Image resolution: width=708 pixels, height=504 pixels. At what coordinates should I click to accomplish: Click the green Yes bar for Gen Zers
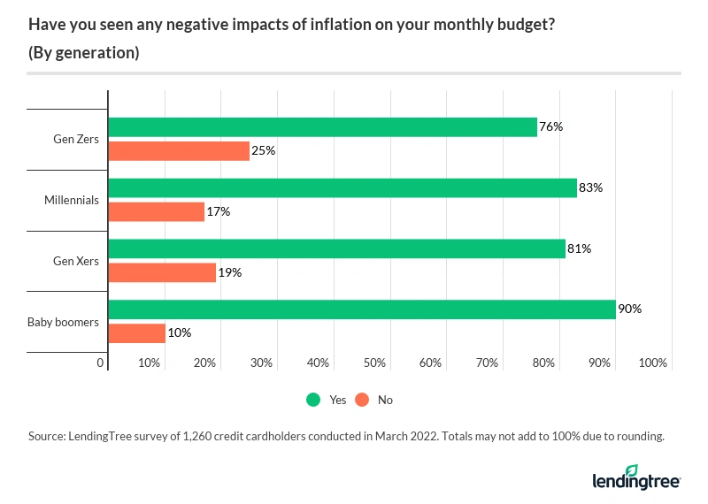[x=322, y=126]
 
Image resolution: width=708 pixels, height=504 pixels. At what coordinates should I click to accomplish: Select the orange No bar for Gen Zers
[x=179, y=151]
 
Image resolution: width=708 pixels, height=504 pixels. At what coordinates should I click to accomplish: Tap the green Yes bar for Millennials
[x=342, y=187]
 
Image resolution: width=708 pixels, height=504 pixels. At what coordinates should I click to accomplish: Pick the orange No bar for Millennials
[x=156, y=212]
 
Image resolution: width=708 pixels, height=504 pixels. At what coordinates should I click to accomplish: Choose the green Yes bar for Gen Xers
[x=336, y=248]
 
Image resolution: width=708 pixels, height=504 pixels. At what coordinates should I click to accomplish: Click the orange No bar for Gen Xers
[x=162, y=273]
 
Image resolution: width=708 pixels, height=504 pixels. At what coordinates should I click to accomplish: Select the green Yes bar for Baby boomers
[x=362, y=309]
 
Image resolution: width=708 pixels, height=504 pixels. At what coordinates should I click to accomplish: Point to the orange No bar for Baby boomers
[x=136, y=333]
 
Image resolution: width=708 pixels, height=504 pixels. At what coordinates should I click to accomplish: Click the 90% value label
[x=630, y=309]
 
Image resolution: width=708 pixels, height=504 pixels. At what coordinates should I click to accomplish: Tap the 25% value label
[x=264, y=151]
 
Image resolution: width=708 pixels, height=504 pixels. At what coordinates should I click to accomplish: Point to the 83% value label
[x=591, y=187]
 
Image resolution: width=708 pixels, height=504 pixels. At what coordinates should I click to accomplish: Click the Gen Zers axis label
[x=77, y=139]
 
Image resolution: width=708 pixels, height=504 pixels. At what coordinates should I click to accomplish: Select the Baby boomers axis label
[x=64, y=322]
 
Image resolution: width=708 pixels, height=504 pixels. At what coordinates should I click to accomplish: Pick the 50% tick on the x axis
[x=374, y=363]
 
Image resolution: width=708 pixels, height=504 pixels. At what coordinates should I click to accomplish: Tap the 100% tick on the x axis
[x=652, y=363]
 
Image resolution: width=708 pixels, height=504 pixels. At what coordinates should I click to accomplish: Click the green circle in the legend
[x=313, y=400]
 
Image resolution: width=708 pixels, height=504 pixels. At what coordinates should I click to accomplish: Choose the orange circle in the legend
[x=361, y=400]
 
